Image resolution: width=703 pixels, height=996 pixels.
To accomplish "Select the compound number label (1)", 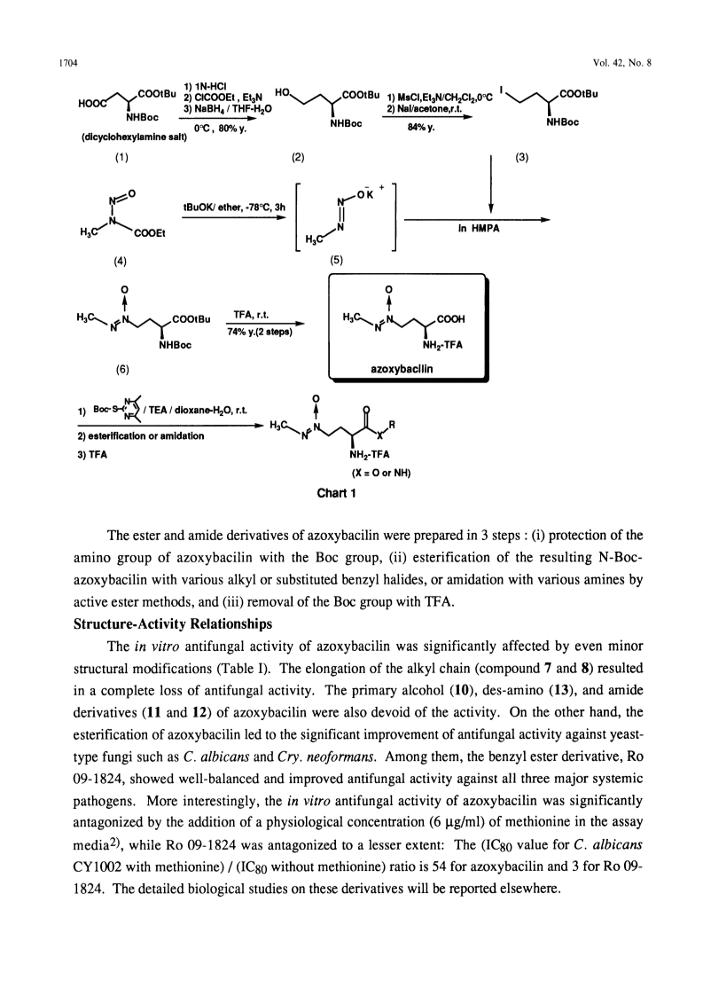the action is (121, 158).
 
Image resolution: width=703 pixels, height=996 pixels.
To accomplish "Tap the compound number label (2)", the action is (298, 158).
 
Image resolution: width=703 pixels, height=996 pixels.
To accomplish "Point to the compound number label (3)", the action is (521, 158).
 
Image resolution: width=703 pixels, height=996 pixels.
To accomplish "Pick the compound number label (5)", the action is (337, 260).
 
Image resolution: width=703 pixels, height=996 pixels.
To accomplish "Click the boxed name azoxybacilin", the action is (402, 368).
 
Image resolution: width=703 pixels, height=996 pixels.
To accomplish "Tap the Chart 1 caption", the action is (337, 493).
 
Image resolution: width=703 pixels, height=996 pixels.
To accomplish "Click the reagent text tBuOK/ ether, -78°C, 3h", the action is (234, 207).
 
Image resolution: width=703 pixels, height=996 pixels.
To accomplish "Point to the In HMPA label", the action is (478, 228).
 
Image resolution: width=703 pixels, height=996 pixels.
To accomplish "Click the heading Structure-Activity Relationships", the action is (173, 623).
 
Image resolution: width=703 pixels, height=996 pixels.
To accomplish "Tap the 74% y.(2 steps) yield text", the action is (260, 333).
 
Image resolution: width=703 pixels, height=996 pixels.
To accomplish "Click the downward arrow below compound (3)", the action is (491, 184).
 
